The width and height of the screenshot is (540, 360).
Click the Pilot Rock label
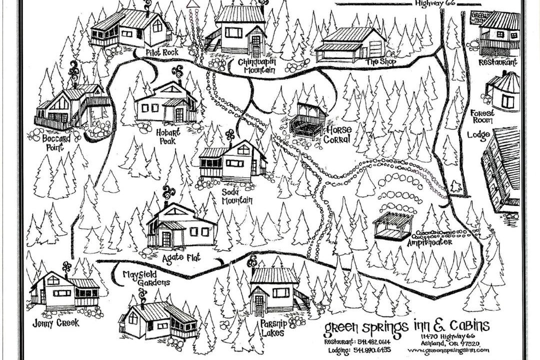pos(162,52)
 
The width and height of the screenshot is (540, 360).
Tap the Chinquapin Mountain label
pos(256,66)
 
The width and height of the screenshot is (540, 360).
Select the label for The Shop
pos(380,61)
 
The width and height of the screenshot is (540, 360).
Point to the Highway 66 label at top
pos(434,3)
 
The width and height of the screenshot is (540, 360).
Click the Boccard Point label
pos(56,142)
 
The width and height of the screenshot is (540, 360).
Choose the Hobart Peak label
pos(168,136)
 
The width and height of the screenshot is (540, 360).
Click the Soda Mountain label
pos(237,196)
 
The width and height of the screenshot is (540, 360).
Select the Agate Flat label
pos(181,257)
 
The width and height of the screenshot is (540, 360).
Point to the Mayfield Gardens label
pos(146,278)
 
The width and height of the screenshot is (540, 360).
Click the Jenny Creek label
pos(56,323)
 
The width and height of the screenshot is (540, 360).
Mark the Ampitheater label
pos(429,242)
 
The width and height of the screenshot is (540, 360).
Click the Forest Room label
pos(482,116)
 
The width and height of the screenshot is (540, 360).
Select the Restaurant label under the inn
pos(497,62)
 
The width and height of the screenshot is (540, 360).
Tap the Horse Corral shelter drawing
pos(307,120)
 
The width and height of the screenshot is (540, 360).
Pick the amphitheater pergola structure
pos(392,226)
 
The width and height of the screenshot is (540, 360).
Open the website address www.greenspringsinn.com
pos(448,350)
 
